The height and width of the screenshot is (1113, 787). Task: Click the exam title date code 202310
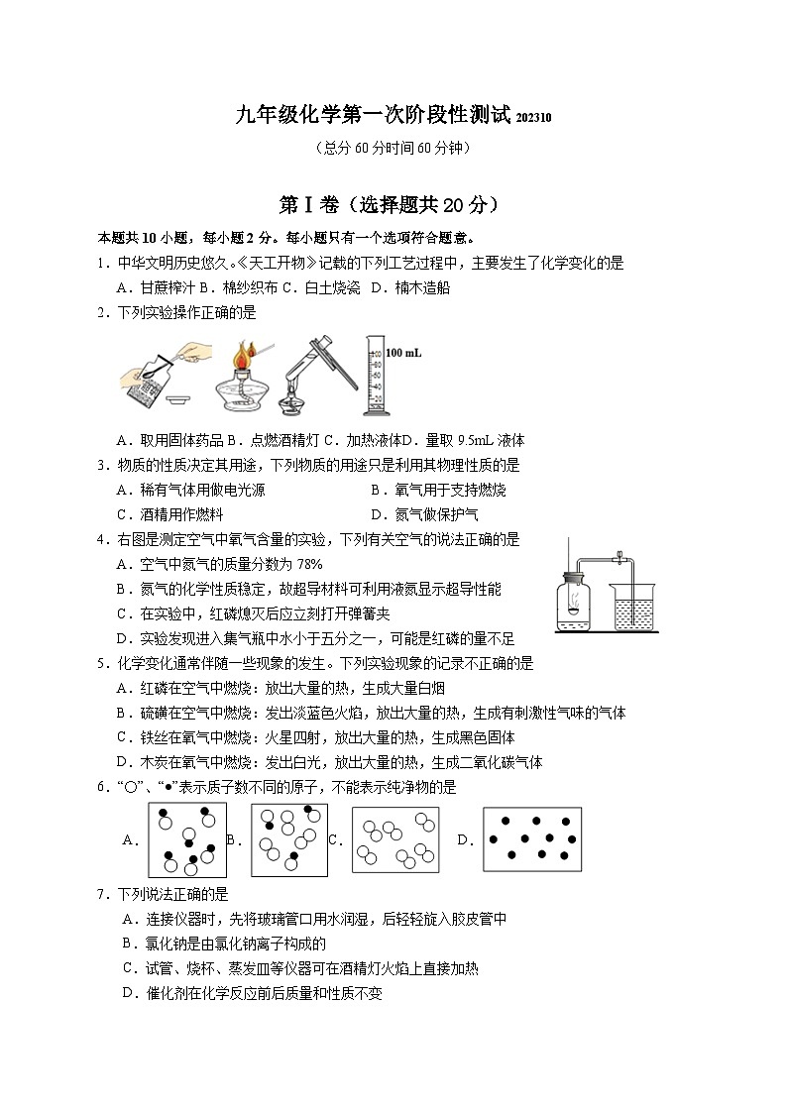point(533,118)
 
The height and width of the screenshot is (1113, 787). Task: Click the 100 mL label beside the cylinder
point(403,352)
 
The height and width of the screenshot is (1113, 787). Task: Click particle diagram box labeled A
point(187,839)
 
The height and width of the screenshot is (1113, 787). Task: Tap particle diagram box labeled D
point(531,839)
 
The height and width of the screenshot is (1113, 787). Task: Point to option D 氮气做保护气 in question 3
point(424,514)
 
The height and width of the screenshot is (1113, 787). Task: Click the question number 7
point(102,894)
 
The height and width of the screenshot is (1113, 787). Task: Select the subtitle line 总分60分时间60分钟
point(392,149)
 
